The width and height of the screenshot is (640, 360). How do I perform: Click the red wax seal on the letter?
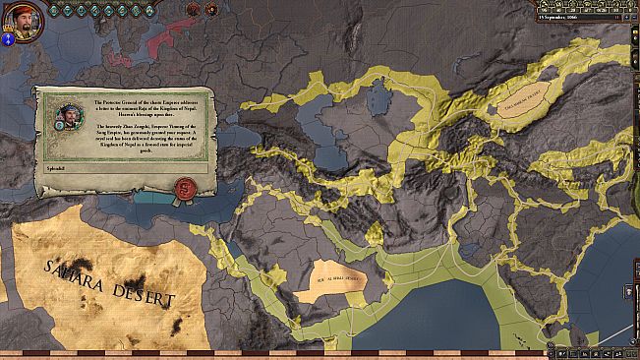tap(182, 185)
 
